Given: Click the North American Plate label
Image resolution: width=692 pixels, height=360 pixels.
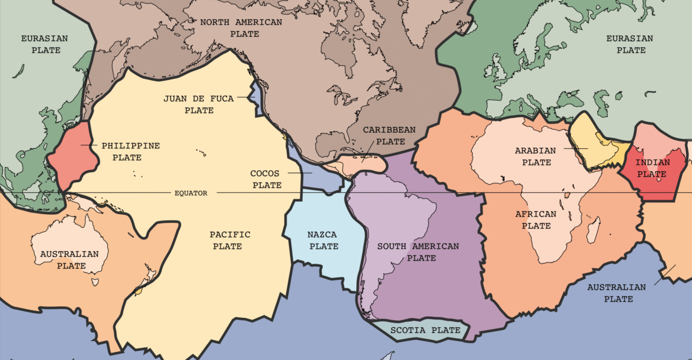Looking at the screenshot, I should [241, 28].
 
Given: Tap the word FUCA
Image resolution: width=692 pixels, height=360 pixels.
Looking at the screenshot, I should [222, 99].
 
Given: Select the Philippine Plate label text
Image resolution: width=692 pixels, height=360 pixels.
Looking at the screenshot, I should [130, 151].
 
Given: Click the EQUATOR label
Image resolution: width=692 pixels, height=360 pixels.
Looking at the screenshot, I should [190, 193].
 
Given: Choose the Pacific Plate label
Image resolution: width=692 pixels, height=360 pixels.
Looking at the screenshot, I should [230, 240].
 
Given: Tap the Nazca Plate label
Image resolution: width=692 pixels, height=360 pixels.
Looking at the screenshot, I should [323, 240].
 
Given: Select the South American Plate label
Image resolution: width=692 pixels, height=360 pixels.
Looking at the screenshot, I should [418, 252].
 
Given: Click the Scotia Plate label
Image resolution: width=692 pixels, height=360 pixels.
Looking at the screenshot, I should [426, 331].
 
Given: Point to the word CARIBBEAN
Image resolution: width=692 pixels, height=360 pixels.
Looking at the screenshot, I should [389, 130].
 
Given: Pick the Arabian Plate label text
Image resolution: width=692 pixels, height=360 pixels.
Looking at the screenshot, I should [536, 156].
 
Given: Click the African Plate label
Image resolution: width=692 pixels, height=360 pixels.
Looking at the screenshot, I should [536, 220].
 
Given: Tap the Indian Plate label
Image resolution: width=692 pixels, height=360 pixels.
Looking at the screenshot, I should [653, 168].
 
